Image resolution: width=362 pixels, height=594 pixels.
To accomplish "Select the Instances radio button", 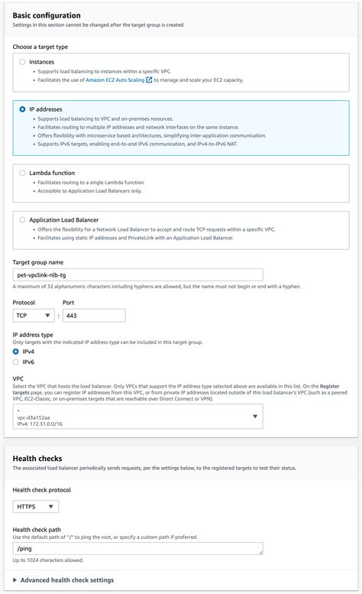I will [22, 62].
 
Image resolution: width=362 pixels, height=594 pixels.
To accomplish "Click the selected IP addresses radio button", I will [22, 110].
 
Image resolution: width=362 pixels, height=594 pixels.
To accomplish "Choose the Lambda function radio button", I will [22, 174].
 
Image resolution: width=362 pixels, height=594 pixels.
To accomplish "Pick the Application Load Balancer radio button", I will [22, 220].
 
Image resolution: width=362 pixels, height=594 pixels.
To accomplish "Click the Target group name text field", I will [138, 274].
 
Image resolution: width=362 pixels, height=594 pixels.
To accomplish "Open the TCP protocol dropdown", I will [34, 315].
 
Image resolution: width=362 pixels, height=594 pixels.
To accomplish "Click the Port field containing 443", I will [93, 315].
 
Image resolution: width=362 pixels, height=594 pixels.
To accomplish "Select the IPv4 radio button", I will [16, 352].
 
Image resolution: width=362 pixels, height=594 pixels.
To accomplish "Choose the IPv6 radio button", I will [16, 362].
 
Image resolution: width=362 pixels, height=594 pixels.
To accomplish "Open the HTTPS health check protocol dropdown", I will [36, 506].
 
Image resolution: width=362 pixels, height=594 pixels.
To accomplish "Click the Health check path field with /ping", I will [138, 548].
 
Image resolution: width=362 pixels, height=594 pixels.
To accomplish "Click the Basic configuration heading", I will [47, 15].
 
